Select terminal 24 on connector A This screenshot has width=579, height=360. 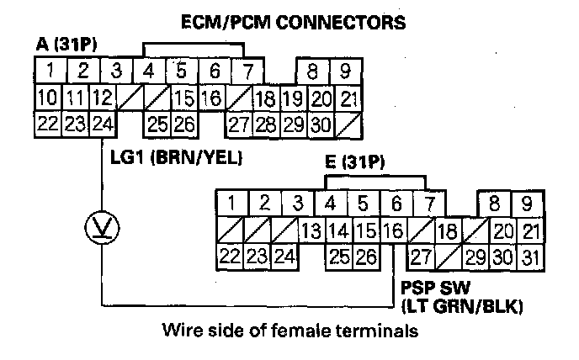(x=104, y=124)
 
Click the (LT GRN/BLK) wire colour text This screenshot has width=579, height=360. (x=462, y=307)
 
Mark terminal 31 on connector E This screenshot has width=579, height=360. (x=528, y=256)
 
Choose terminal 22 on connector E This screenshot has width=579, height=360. (x=230, y=256)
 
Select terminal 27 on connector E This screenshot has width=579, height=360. (x=422, y=256)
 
